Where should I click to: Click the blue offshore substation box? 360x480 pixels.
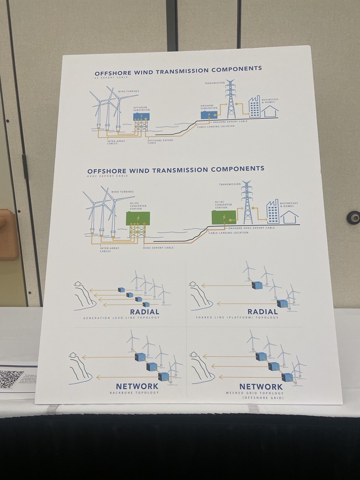(x=141, y=116)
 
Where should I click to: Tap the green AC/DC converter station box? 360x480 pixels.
(x=138, y=218)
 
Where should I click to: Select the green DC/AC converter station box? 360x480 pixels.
(x=224, y=217)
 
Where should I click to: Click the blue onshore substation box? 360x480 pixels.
(x=209, y=115)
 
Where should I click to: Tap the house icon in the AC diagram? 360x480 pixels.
(x=270, y=111)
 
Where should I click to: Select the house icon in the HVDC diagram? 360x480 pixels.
(x=289, y=217)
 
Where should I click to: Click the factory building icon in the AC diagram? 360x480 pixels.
(x=254, y=107)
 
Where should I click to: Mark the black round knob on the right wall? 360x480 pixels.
(x=353, y=217)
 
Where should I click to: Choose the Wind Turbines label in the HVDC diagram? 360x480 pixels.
(x=122, y=192)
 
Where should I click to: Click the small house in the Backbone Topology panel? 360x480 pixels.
(x=73, y=355)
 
